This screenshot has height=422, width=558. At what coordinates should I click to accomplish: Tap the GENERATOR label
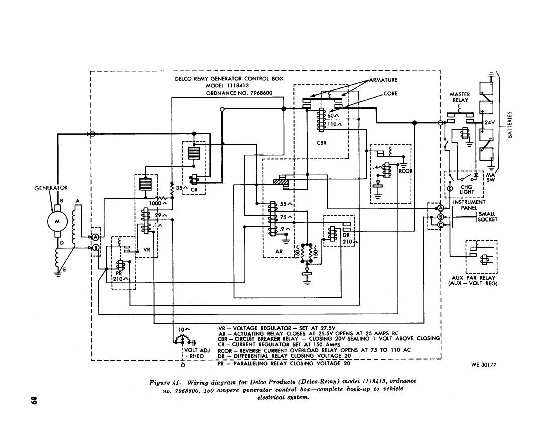51,188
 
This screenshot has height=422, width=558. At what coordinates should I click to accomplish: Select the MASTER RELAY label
459,97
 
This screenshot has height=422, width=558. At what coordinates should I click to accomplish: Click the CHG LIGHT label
467,189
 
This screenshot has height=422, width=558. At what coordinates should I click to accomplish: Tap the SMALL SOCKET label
487,217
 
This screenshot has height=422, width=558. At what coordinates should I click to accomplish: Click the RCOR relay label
405,171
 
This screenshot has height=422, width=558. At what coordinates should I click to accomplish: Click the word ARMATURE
385,80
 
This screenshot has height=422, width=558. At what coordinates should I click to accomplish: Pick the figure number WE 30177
483,365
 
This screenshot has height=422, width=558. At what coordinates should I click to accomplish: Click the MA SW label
491,177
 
